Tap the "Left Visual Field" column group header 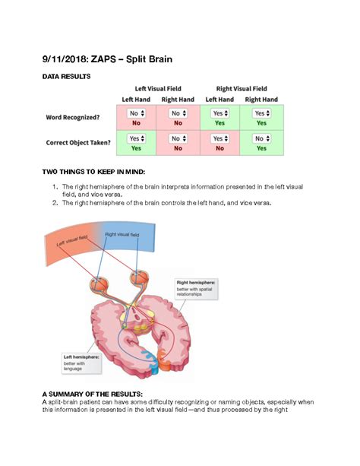[x=157, y=89]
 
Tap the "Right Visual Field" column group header [x=241, y=89]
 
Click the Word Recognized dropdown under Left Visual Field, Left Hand [x=137, y=113]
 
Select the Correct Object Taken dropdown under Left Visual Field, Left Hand [x=137, y=139]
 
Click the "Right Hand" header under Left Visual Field [x=178, y=100]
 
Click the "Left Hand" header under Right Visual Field [x=219, y=100]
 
